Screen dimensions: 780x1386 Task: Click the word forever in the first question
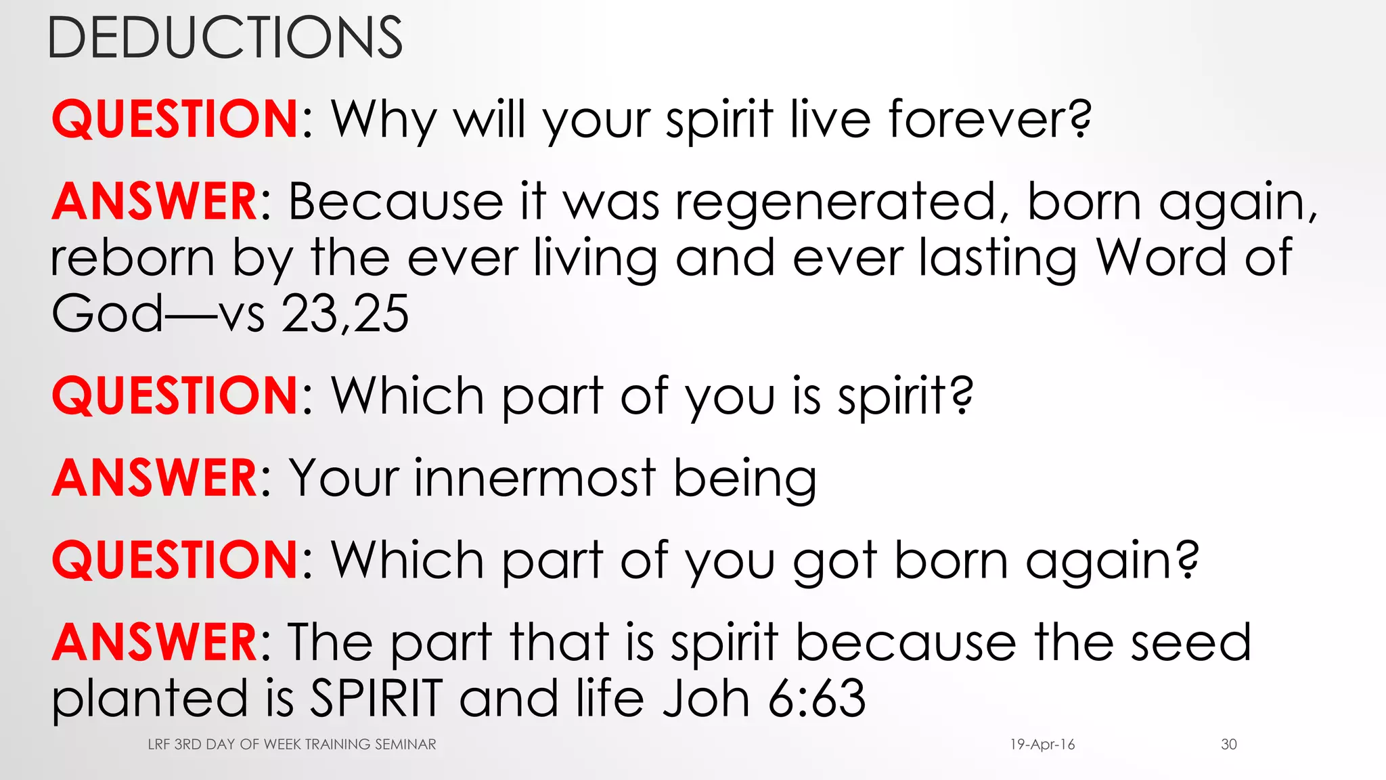[x=989, y=120]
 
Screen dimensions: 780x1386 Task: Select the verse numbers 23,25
[x=345, y=314]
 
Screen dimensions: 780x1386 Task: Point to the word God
[x=107, y=314]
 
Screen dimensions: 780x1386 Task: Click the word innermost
[x=535, y=479]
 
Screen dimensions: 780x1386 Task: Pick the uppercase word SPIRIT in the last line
[x=376, y=698]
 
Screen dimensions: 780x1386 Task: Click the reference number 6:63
[x=817, y=698]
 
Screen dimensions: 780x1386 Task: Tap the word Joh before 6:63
[x=707, y=698]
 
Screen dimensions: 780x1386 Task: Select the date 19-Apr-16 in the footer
[x=1042, y=745]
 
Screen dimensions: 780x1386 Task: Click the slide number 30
[x=1229, y=745]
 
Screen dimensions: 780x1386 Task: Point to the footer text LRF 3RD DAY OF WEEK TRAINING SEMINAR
[x=292, y=745]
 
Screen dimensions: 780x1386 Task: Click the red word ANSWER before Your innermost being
[x=154, y=479]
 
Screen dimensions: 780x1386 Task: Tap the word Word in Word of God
[x=1161, y=258]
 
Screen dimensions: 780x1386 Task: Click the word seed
[x=1190, y=643]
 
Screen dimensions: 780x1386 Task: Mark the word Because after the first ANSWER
[x=396, y=202]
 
